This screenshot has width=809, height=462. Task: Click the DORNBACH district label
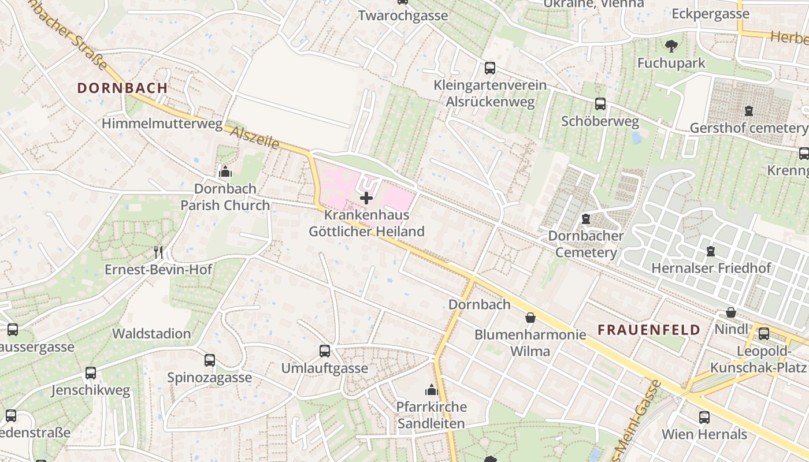[x=123, y=88]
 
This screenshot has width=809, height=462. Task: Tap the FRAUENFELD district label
[x=649, y=330]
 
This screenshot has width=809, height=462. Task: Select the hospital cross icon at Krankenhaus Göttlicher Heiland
[x=366, y=199]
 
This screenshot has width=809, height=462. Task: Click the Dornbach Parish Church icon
[x=225, y=172]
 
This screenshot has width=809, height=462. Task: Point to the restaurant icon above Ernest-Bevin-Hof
[x=158, y=252]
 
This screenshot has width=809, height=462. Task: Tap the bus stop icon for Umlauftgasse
[x=325, y=351]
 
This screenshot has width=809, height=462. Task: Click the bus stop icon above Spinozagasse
[x=210, y=360]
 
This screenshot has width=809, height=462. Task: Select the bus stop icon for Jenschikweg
[x=91, y=373]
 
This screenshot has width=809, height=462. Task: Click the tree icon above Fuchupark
[x=671, y=46]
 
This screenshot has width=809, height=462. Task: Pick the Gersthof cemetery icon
[x=749, y=110]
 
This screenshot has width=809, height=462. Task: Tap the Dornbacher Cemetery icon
[x=586, y=219]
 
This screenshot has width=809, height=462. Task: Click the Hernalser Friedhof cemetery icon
[x=711, y=251]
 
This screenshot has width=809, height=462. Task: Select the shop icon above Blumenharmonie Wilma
[x=530, y=318]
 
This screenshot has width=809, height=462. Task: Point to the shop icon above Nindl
[x=731, y=313]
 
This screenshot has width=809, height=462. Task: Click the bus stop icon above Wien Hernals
[x=704, y=417]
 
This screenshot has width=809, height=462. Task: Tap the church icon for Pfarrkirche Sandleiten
[x=431, y=390]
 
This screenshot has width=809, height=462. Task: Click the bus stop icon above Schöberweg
[x=600, y=104]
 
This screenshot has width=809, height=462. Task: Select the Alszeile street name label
[x=255, y=137]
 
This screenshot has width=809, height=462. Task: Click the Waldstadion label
[x=151, y=334]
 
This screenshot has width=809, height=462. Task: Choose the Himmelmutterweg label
[x=162, y=124]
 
